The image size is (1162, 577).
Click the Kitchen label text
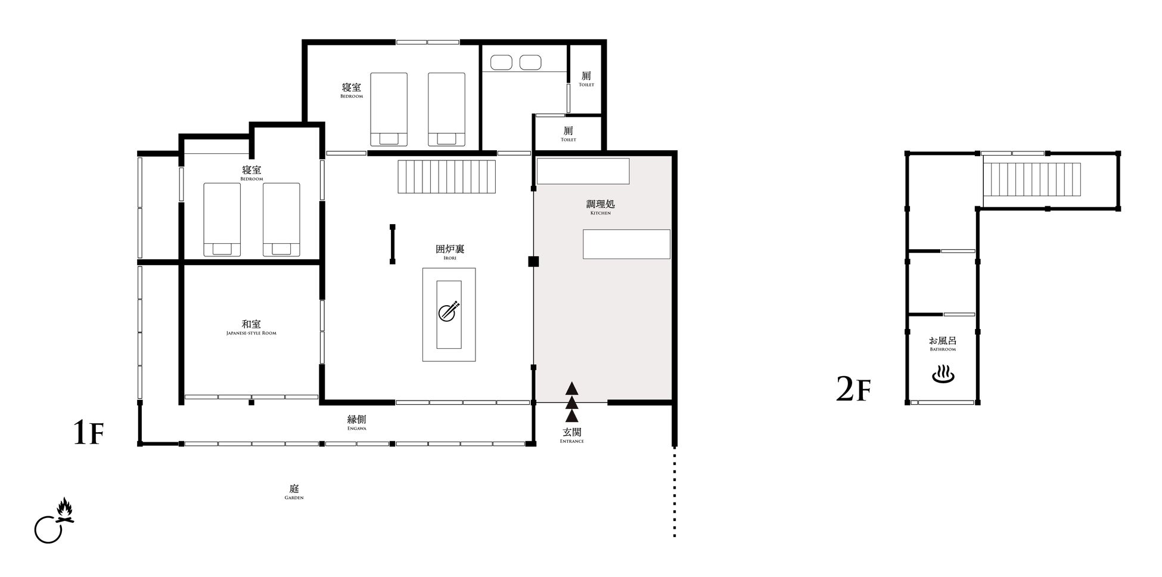(x=601, y=207)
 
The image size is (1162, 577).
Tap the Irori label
(x=450, y=252)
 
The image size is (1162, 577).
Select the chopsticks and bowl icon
(x=449, y=311)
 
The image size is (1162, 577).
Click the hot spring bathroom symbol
(x=943, y=376)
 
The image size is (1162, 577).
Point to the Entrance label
(x=572, y=436)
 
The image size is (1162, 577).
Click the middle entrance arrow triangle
(x=572, y=402)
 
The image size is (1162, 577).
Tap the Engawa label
(x=356, y=423)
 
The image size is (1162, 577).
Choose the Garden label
(x=294, y=492)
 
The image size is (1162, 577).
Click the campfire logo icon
(x=54, y=520)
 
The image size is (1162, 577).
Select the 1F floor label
(x=88, y=433)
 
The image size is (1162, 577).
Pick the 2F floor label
(x=853, y=389)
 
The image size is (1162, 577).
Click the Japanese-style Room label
(x=251, y=327)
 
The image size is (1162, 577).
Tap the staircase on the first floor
(x=447, y=176)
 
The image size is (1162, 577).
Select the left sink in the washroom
(x=502, y=62)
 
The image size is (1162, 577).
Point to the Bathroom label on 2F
(x=943, y=344)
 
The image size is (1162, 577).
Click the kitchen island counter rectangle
(x=626, y=244)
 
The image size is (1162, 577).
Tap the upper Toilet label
(x=586, y=79)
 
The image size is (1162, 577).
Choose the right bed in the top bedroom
(x=446, y=110)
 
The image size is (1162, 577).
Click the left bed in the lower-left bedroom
(x=222, y=219)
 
